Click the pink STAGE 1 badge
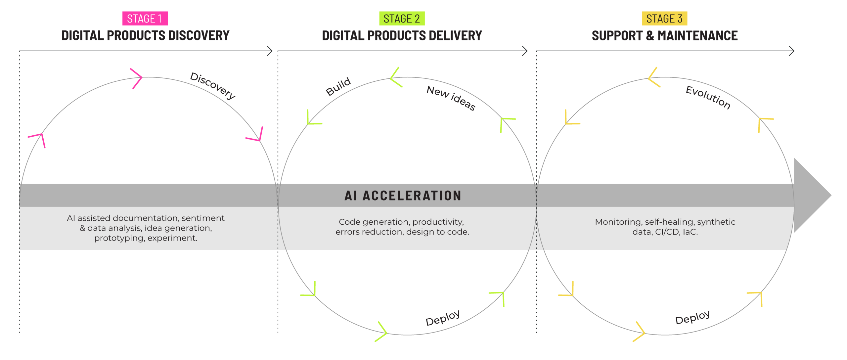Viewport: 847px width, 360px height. pyautogui.click(x=145, y=19)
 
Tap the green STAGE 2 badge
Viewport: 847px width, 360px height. pyautogui.click(x=402, y=19)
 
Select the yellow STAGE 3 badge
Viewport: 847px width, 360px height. pyautogui.click(x=664, y=19)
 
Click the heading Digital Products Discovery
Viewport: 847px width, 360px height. pyautogui.click(x=145, y=35)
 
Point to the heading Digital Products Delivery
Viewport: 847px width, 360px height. pyautogui.click(x=402, y=35)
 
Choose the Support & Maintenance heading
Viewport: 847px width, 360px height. pyautogui.click(x=665, y=35)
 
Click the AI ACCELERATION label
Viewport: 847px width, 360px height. pyautogui.click(x=403, y=196)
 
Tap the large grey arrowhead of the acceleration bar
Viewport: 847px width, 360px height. pyautogui.click(x=811, y=195)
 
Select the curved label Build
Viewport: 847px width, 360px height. pyautogui.click(x=338, y=86)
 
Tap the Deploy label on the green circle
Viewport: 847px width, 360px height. pyautogui.click(x=443, y=318)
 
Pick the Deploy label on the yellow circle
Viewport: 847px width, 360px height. pyautogui.click(x=692, y=317)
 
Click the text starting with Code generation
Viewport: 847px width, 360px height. pyautogui.click(x=402, y=227)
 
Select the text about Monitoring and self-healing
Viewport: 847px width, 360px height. pyautogui.click(x=665, y=227)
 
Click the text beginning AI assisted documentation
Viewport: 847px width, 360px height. pyautogui.click(x=146, y=228)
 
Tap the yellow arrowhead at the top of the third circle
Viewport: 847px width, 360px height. pyautogui.click(x=653, y=78)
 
